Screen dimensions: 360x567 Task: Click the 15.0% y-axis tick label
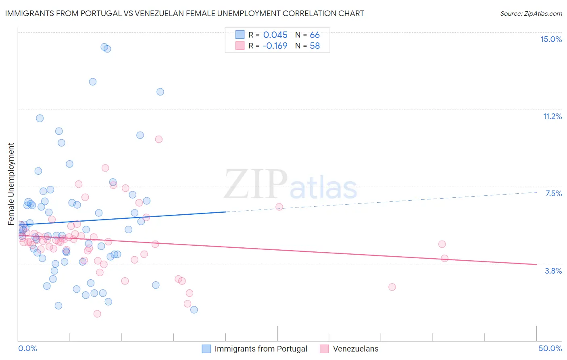pos(551,39)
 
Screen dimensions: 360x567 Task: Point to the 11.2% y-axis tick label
pos(552,116)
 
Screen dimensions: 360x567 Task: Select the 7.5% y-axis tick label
pos(553,193)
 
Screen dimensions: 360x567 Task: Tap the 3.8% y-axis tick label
pos(553,271)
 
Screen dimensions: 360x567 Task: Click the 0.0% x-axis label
pos(27,348)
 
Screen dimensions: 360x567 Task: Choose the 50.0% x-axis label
pos(550,348)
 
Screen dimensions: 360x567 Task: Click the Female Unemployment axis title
pos(11,184)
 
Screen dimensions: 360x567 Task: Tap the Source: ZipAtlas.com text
pos(531,13)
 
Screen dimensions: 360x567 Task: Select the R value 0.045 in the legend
pos(275,35)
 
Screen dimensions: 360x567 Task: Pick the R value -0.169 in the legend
pos(275,46)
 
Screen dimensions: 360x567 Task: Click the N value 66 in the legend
pos(315,35)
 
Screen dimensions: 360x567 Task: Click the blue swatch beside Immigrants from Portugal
pos(206,349)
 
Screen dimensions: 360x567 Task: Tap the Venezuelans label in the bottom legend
pos(355,349)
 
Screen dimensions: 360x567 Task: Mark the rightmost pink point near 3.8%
pos(444,258)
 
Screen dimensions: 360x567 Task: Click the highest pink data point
pos(158,139)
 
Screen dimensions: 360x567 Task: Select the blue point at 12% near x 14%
pos(160,92)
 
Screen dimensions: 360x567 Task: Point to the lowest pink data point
pos(97,314)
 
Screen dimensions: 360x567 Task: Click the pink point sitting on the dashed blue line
pos(279,207)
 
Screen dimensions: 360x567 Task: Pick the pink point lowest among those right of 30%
pos(392,287)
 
